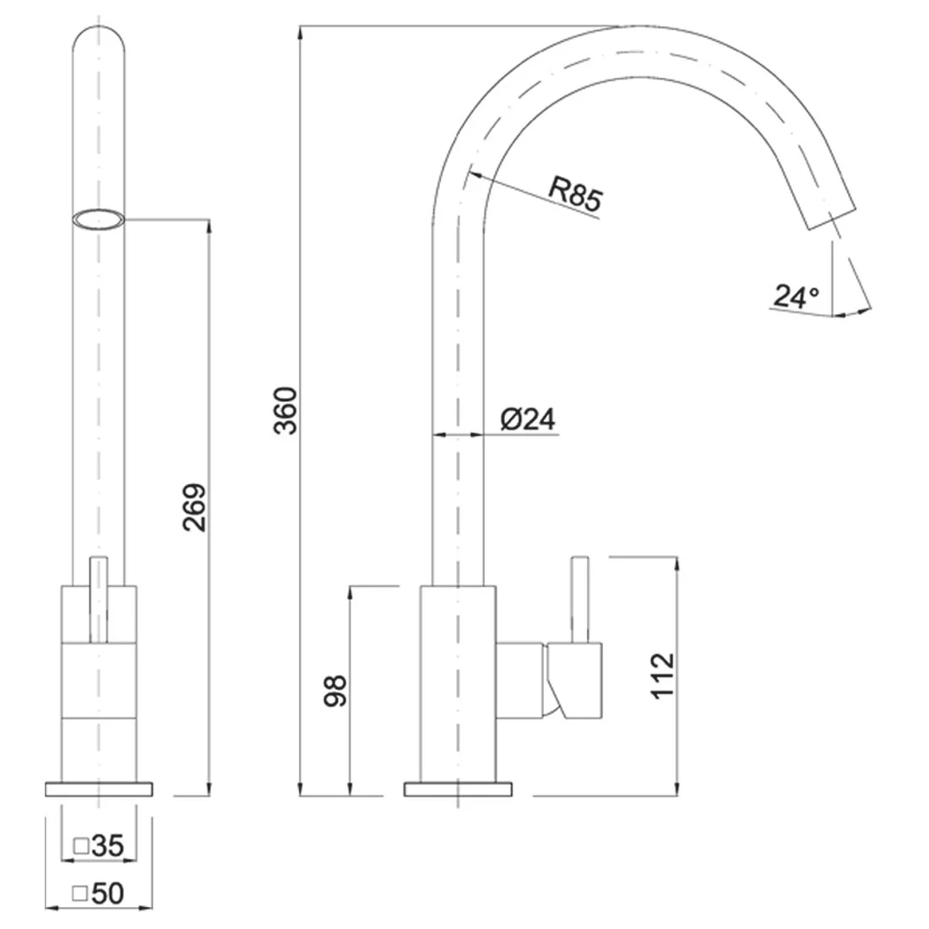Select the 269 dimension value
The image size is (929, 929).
pos(194,508)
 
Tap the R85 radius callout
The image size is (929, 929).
pos(574,193)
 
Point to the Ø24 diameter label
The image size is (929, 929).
pos(528,419)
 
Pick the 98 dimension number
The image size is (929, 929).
pos(334,691)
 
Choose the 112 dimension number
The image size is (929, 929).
pos(663,676)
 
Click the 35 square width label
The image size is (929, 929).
pos(107,845)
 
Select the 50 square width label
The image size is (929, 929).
pos(107,894)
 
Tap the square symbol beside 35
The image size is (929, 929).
pos(80,846)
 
